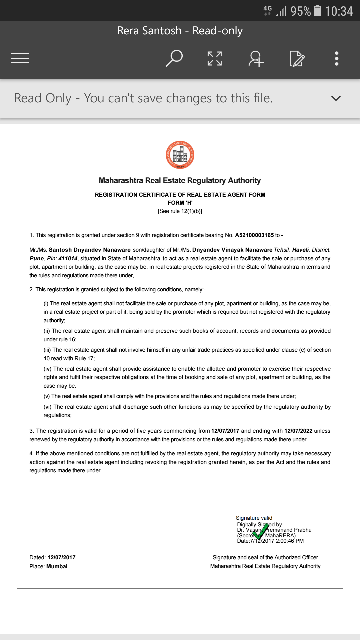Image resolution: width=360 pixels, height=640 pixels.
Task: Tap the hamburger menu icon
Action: [x=20, y=58]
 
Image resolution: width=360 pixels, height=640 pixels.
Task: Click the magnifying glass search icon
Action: [x=174, y=58]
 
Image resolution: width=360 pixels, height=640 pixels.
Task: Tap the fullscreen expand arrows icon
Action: [x=215, y=58]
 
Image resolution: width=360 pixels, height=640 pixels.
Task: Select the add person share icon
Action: [x=256, y=59]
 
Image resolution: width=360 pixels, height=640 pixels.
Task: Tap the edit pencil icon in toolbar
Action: [x=297, y=59]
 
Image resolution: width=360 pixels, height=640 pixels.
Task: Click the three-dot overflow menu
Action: [x=337, y=58]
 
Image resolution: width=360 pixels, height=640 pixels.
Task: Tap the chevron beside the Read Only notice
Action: [x=336, y=98]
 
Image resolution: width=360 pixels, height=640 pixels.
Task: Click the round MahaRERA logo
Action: [x=180, y=155]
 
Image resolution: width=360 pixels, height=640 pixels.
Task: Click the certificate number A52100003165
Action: [x=254, y=235]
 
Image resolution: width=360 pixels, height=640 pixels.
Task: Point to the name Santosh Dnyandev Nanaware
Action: [x=90, y=250]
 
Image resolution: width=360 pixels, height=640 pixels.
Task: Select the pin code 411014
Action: [x=68, y=259]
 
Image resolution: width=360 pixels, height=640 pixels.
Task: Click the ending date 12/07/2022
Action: [x=298, y=431]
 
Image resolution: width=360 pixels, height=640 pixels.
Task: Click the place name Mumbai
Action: [x=57, y=567]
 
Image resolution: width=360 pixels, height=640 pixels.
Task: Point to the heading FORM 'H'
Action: [x=180, y=203]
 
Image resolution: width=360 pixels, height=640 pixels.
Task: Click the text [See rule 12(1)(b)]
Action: [x=180, y=211]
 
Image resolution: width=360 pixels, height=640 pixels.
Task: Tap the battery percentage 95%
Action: [x=301, y=11]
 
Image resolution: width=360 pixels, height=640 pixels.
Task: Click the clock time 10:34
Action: [x=339, y=11]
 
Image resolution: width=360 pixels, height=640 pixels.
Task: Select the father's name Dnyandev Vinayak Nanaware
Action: [x=232, y=250]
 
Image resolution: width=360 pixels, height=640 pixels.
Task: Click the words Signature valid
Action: [x=254, y=518]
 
